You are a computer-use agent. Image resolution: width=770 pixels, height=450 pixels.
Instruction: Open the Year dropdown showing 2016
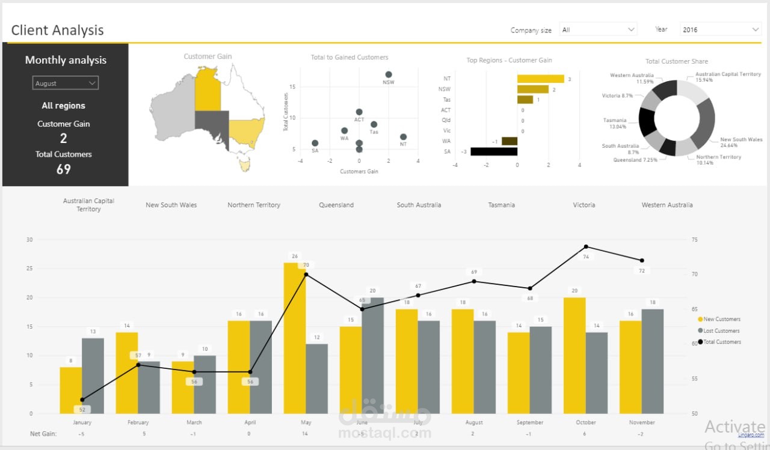coord(721,29)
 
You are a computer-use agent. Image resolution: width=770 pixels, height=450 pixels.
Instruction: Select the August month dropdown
coord(65,83)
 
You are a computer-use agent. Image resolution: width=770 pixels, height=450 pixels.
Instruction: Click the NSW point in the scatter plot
coord(389,74)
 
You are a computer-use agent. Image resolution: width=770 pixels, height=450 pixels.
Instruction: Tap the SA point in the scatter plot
coord(315,143)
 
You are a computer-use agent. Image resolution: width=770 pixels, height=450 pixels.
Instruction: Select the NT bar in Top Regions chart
coord(540,79)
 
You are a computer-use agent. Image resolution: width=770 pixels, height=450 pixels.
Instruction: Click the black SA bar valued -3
coord(494,151)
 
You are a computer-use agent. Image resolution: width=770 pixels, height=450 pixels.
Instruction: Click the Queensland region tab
coord(336,205)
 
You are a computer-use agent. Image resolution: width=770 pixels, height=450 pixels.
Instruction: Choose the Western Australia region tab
coord(667,205)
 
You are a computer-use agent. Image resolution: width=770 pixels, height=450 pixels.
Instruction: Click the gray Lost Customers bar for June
coord(372,355)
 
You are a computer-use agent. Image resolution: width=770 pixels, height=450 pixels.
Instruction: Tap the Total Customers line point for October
coord(586,246)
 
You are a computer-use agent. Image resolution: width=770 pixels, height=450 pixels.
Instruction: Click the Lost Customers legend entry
coord(721,330)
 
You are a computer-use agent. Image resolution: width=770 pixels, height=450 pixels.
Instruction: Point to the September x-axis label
coord(530,422)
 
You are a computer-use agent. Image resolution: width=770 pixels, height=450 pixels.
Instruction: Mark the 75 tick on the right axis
coord(695,240)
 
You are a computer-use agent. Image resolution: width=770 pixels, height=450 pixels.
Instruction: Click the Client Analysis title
coord(58,30)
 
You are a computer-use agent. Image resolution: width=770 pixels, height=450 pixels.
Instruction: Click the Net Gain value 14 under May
coord(305,434)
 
